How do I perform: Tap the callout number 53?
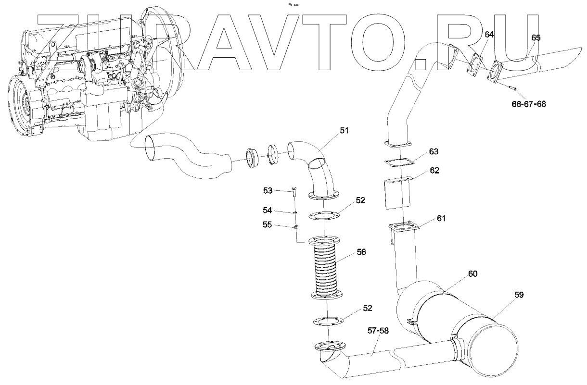click(x=268, y=191)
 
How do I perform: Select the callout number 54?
click(x=268, y=210)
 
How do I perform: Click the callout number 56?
click(x=360, y=252)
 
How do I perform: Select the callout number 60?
click(x=473, y=273)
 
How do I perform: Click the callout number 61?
click(x=441, y=218)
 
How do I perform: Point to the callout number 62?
click(x=434, y=170)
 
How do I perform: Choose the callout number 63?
click(x=434, y=152)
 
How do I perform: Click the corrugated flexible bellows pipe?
click(x=326, y=269)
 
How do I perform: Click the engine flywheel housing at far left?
click(x=21, y=103)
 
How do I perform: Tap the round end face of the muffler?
click(x=496, y=350)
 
